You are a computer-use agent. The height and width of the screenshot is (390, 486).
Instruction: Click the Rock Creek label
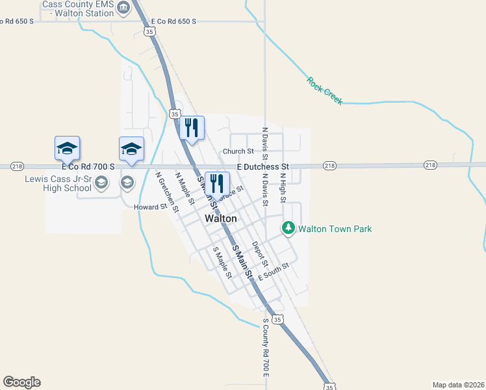tap(324, 90)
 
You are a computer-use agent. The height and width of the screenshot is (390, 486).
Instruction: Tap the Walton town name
tap(220, 219)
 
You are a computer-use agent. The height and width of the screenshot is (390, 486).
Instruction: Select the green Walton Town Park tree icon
tap(288, 228)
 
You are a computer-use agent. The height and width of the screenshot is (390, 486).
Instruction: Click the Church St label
tap(238, 151)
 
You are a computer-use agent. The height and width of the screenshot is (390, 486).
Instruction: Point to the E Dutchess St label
tap(262, 167)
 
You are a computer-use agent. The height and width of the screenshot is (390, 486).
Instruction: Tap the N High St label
tap(283, 185)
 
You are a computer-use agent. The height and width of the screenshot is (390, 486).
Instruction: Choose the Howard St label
tap(147, 207)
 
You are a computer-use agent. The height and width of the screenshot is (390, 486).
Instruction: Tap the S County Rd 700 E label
tap(266, 348)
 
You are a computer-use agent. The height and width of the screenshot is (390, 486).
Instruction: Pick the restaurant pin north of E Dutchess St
tap(191, 126)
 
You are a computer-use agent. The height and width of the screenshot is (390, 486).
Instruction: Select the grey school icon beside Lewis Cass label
tap(101, 183)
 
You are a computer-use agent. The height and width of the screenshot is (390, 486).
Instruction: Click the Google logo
tap(21, 382)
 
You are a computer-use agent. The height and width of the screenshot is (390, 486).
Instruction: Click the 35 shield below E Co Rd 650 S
tap(150, 31)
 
